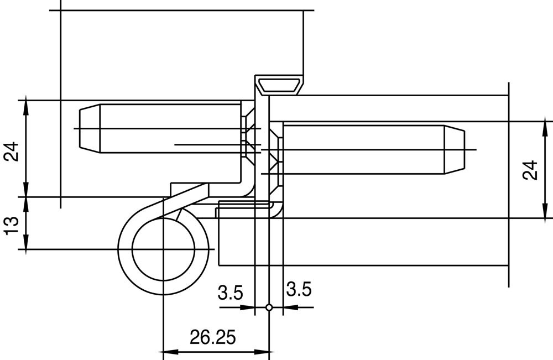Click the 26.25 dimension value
tap(213, 337)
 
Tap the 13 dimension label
tap(11, 225)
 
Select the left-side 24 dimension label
tap(11, 152)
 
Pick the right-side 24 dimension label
tap(530, 170)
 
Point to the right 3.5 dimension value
tap(299, 289)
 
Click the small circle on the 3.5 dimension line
tap(269, 307)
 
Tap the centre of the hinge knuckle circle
tap(163, 249)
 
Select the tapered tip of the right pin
tap(454, 149)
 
